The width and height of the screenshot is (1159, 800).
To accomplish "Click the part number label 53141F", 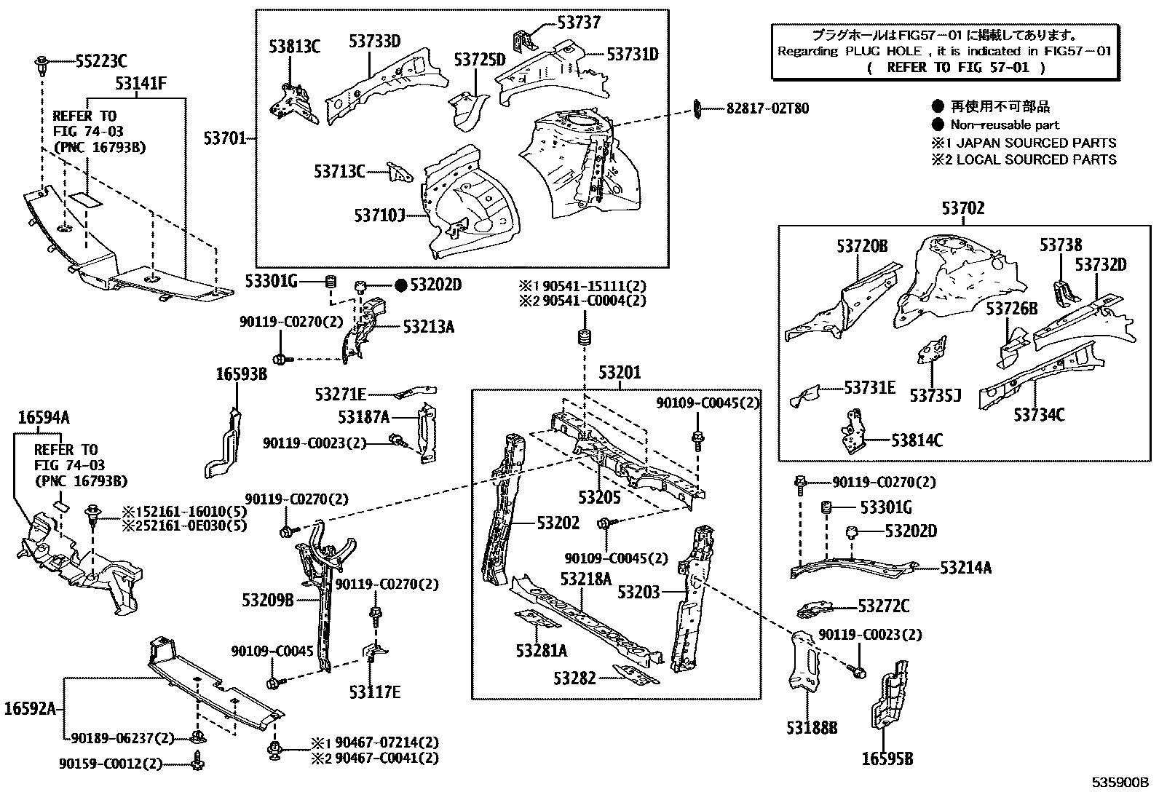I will click(x=141, y=84).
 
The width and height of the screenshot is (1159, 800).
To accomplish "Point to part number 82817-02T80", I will click(x=767, y=108).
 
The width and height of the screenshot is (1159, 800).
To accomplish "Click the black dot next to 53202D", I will click(x=400, y=285).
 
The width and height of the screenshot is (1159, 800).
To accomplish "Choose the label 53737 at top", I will click(x=579, y=23).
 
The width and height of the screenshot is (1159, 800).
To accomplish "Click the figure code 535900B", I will click(x=1119, y=783).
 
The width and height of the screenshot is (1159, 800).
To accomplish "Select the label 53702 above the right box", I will click(x=962, y=208).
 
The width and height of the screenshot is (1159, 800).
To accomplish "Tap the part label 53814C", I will click(x=917, y=440).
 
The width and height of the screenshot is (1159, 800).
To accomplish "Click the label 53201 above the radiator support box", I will click(x=620, y=373).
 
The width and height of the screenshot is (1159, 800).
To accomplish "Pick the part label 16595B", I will click(x=887, y=759).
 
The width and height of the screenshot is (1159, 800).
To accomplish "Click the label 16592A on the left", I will click(x=30, y=708).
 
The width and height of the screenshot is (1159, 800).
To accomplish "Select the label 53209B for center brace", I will click(x=268, y=600).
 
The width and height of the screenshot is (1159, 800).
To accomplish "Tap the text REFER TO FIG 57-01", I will click(x=956, y=67).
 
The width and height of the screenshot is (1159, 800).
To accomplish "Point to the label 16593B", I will click(x=241, y=374).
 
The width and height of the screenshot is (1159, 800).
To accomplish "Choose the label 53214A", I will click(x=965, y=567).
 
